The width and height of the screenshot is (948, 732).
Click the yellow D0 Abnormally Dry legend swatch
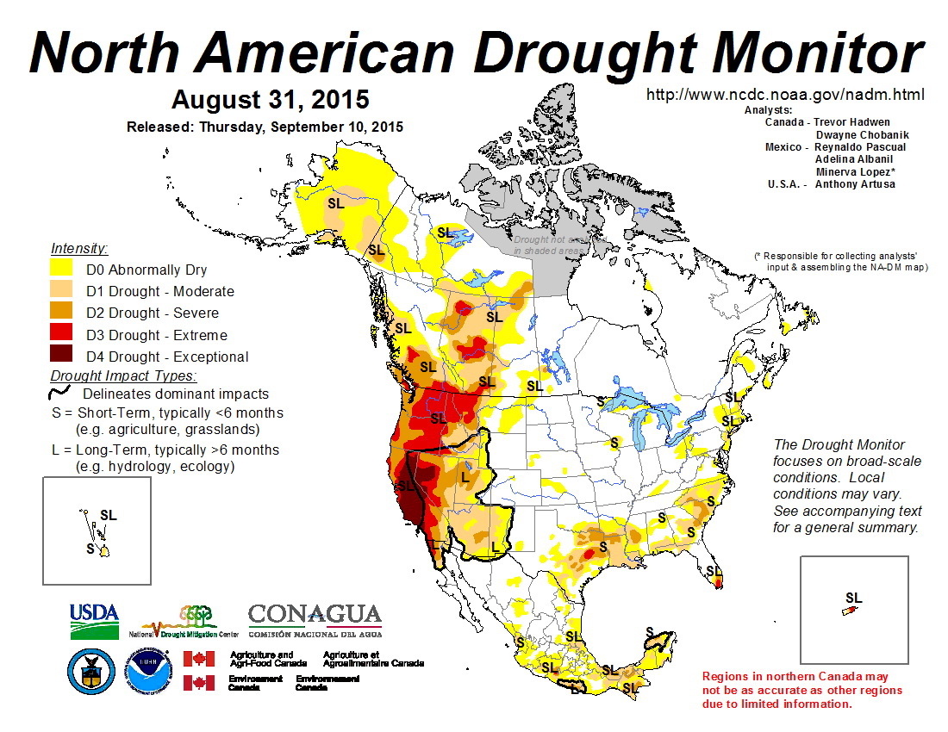(62, 270)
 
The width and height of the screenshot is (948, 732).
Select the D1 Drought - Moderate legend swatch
(62, 291)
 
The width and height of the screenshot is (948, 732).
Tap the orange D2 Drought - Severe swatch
(62, 313)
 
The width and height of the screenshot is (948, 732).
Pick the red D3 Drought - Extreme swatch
(62, 335)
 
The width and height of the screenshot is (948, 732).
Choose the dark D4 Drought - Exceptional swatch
(62, 357)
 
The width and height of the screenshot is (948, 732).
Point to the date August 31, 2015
(270, 99)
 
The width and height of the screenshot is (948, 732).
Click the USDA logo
(94, 620)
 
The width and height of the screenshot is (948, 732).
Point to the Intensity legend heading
(79, 248)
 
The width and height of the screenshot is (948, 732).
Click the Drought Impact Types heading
(123, 375)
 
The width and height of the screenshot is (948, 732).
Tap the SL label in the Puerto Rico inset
(853, 598)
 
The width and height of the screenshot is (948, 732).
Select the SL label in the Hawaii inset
(108, 515)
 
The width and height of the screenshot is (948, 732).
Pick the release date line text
(265, 127)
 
